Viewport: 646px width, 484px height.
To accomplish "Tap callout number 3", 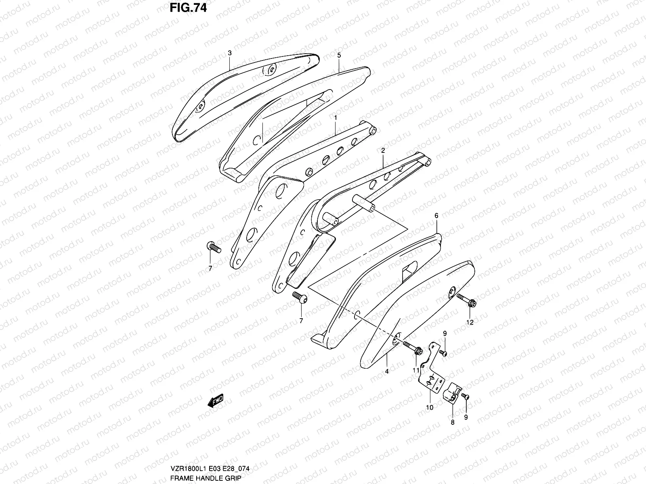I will pyautogui.click(x=229, y=53).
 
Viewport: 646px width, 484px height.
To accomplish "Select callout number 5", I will pyautogui.click(x=339, y=55).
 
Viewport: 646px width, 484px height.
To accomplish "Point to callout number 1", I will pyautogui.click(x=335, y=117).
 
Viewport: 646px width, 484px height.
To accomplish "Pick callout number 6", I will pyautogui.click(x=436, y=216).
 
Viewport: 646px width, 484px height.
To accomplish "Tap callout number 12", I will pyautogui.click(x=470, y=322).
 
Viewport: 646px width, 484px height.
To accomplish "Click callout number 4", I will pyautogui.click(x=386, y=371).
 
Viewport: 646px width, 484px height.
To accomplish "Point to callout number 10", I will pyautogui.click(x=430, y=407).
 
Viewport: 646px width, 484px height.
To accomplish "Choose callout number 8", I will pyautogui.click(x=453, y=422).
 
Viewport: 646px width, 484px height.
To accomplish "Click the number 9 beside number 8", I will pyautogui.click(x=466, y=417).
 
